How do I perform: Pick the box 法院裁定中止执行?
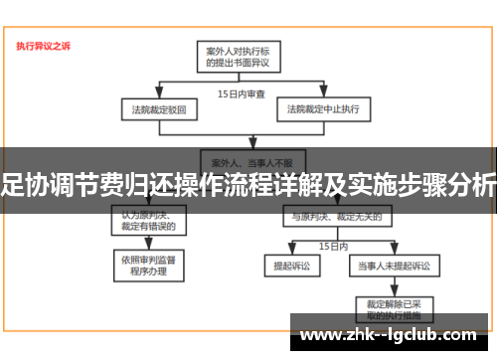[322, 108]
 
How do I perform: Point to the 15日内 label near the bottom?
[332, 245]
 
